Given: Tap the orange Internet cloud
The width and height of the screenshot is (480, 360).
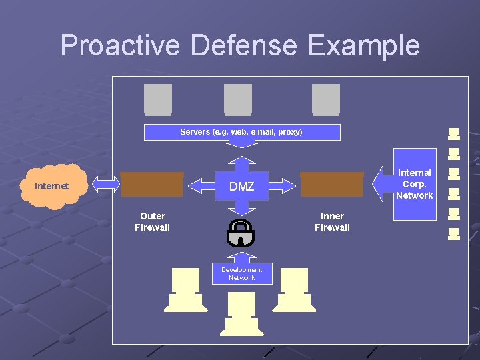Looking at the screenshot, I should [x=52, y=185].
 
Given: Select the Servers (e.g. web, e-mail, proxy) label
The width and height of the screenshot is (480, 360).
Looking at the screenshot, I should [x=241, y=132].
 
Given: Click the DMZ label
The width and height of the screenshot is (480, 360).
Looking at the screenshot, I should [x=241, y=187].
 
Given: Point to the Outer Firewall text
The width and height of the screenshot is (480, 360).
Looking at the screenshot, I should [x=152, y=222].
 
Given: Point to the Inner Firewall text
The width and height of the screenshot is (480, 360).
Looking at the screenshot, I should [x=332, y=222].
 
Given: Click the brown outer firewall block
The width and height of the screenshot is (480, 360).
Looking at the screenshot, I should [x=152, y=185].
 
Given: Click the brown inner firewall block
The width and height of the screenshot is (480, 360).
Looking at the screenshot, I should [x=331, y=185].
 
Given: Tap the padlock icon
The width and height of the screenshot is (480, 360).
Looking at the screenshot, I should [x=240, y=233].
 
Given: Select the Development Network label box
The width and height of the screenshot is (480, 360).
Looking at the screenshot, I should [x=241, y=273].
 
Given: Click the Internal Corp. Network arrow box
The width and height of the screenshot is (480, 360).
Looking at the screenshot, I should [x=408, y=183].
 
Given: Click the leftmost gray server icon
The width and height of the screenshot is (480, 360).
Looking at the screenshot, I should [x=158, y=99].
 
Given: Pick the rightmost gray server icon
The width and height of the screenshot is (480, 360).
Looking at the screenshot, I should [x=326, y=99].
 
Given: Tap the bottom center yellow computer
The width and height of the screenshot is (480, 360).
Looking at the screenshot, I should [x=241, y=313].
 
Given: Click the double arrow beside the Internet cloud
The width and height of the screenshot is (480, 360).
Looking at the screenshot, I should [x=105, y=185].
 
